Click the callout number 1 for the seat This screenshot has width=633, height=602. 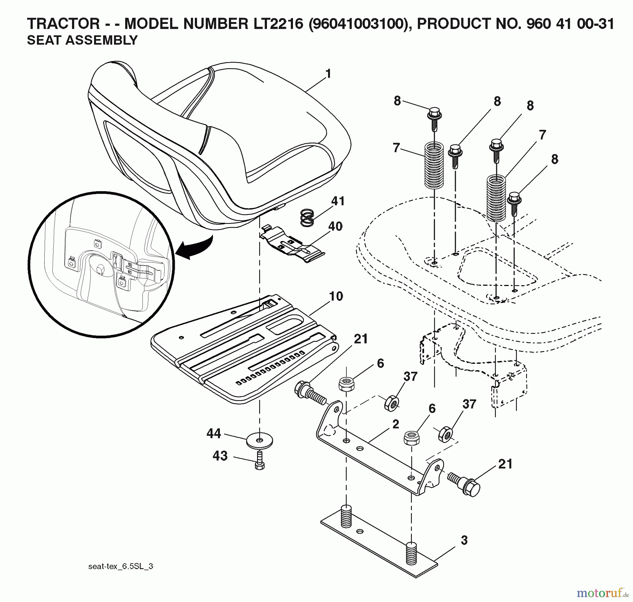(328, 75)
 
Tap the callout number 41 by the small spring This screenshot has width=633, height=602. (338, 201)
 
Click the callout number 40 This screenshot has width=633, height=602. (335, 226)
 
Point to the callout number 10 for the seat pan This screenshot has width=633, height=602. (336, 296)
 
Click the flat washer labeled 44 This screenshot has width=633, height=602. (260, 441)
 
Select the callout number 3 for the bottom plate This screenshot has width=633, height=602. (464, 540)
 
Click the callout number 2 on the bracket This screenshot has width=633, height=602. (396, 424)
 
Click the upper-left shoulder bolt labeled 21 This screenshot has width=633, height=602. (309, 394)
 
